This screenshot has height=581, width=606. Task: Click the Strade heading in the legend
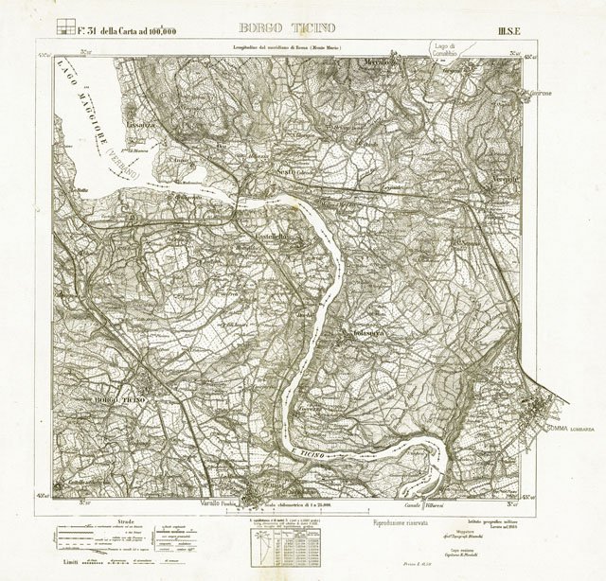(126, 519)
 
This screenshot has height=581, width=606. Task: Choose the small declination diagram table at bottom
(281, 546)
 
